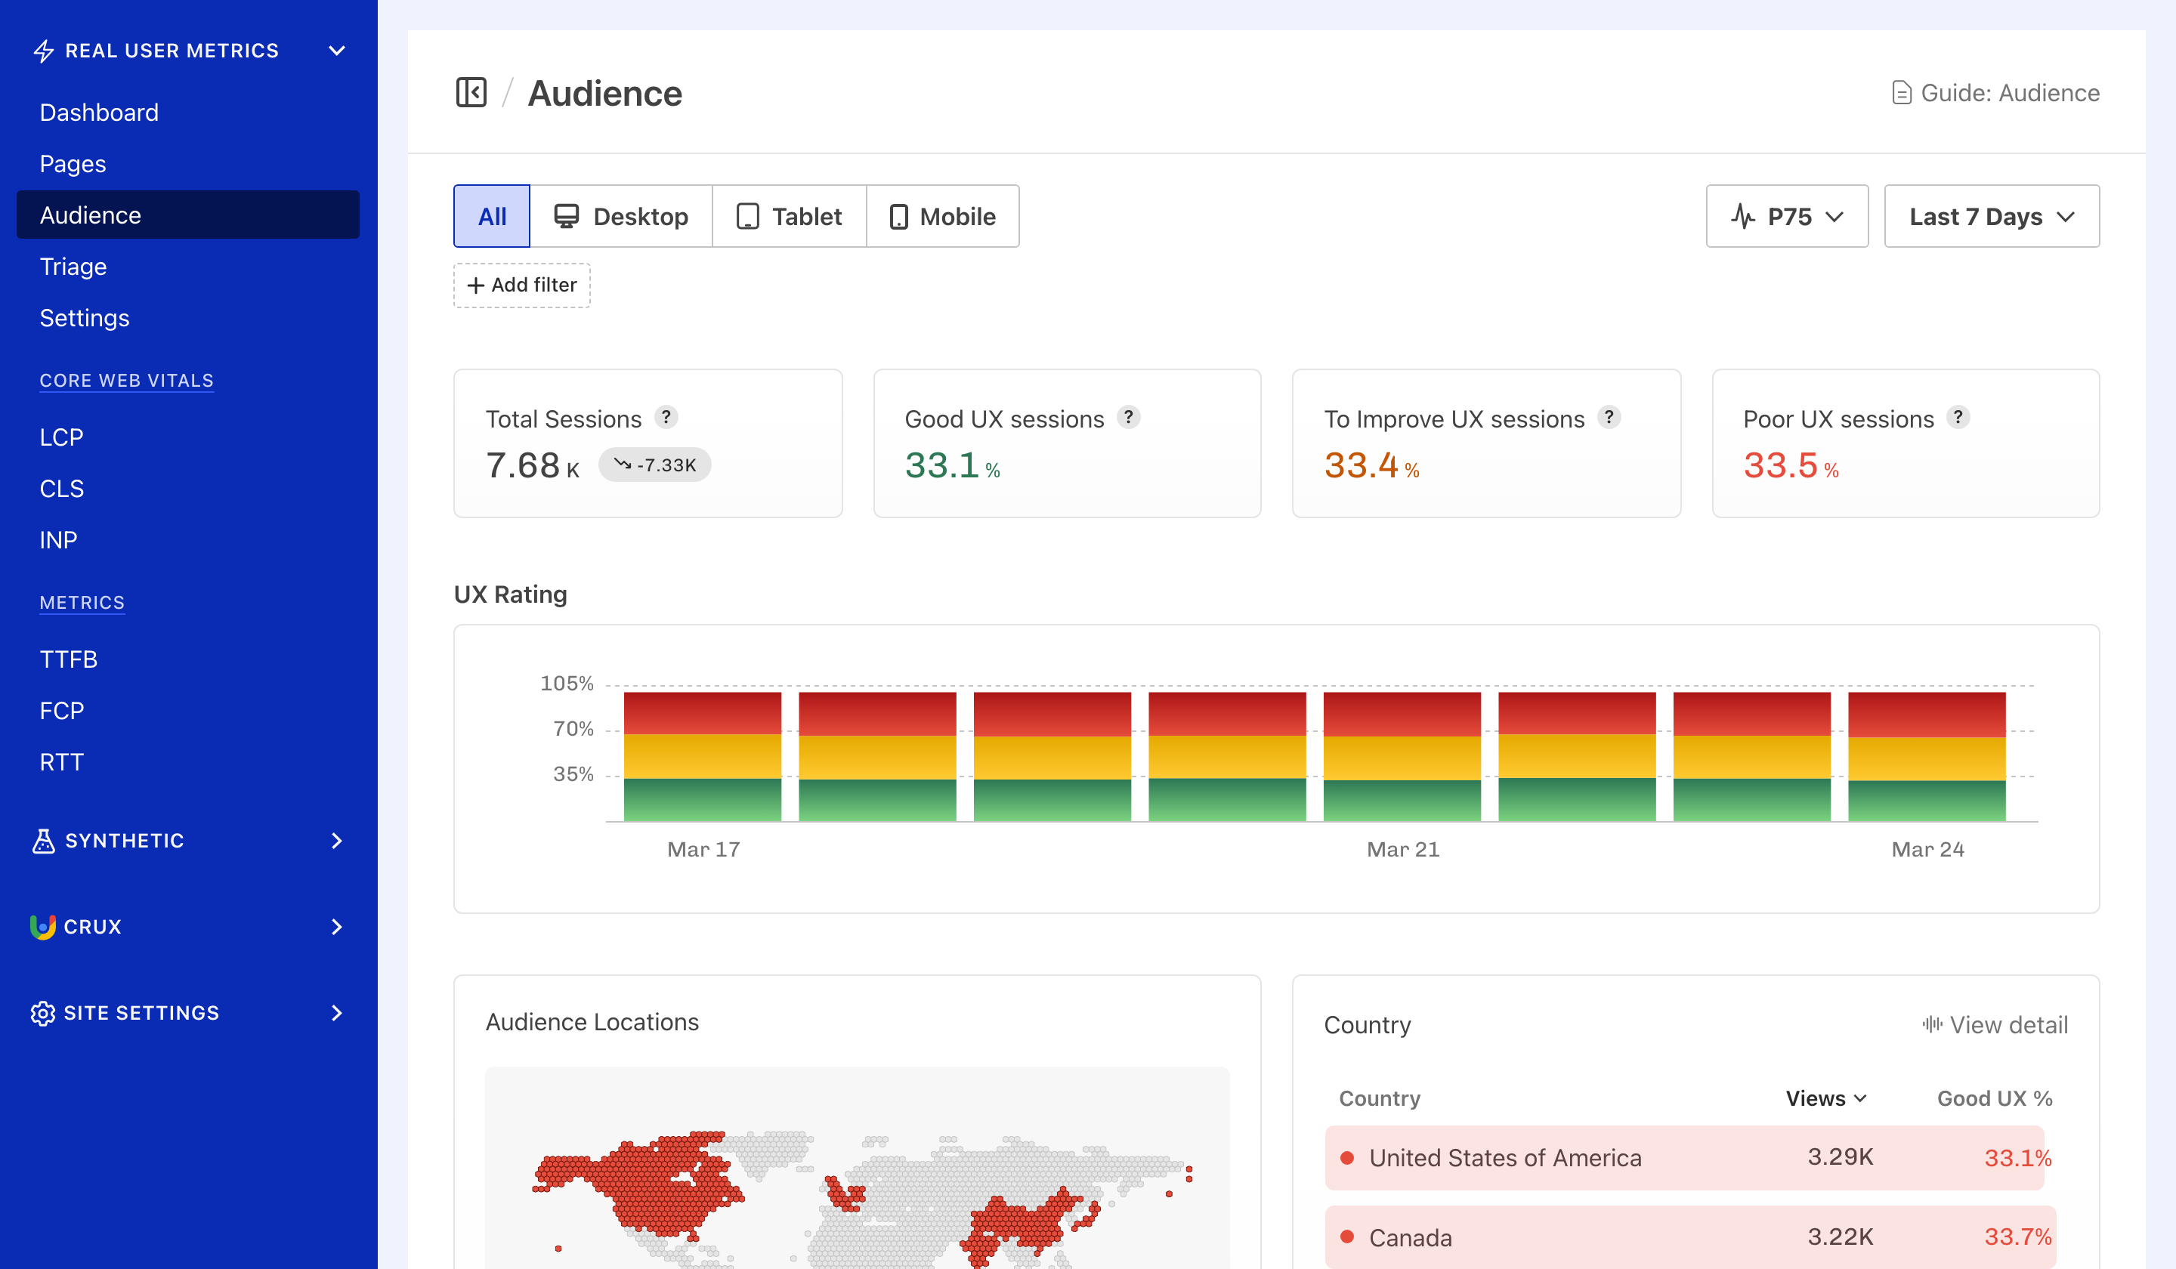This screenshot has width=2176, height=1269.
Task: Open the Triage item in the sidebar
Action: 73,267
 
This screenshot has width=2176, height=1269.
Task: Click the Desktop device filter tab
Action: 621,217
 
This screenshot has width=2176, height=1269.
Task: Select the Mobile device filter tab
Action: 942,217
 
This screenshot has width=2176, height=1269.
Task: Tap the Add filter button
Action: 521,286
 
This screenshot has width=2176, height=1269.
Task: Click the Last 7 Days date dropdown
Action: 1990,217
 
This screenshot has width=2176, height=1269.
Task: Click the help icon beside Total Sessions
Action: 666,418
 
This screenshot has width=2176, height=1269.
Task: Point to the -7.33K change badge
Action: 654,465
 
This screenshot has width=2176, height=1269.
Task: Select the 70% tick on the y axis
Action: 573,730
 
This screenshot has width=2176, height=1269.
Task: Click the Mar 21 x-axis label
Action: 1402,850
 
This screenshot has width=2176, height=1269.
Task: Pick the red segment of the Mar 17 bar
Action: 702,713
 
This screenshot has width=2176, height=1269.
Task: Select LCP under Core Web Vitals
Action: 61,437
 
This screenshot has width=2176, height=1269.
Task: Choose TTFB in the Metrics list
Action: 68,659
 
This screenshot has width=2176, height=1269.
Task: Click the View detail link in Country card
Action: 1995,1025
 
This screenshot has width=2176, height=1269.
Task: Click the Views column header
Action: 1825,1098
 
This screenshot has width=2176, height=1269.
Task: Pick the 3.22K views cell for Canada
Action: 1839,1237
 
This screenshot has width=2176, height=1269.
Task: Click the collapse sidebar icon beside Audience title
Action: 471,92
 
